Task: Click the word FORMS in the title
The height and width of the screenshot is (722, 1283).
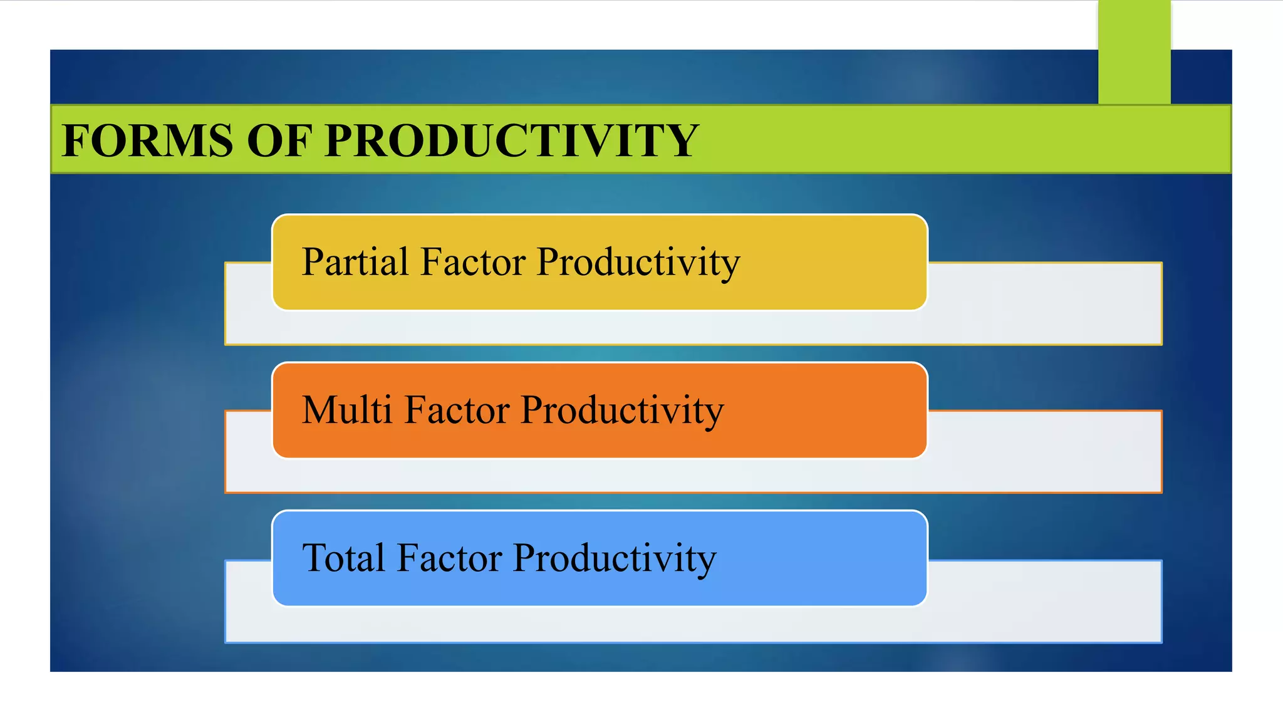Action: click(148, 140)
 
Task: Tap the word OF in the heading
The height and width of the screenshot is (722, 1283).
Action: click(279, 140)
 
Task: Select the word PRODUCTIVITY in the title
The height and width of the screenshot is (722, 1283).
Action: click(511, 140)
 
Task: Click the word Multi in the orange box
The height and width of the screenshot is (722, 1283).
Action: click(347, 410)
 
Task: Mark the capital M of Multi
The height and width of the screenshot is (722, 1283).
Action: click(319, 410)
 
